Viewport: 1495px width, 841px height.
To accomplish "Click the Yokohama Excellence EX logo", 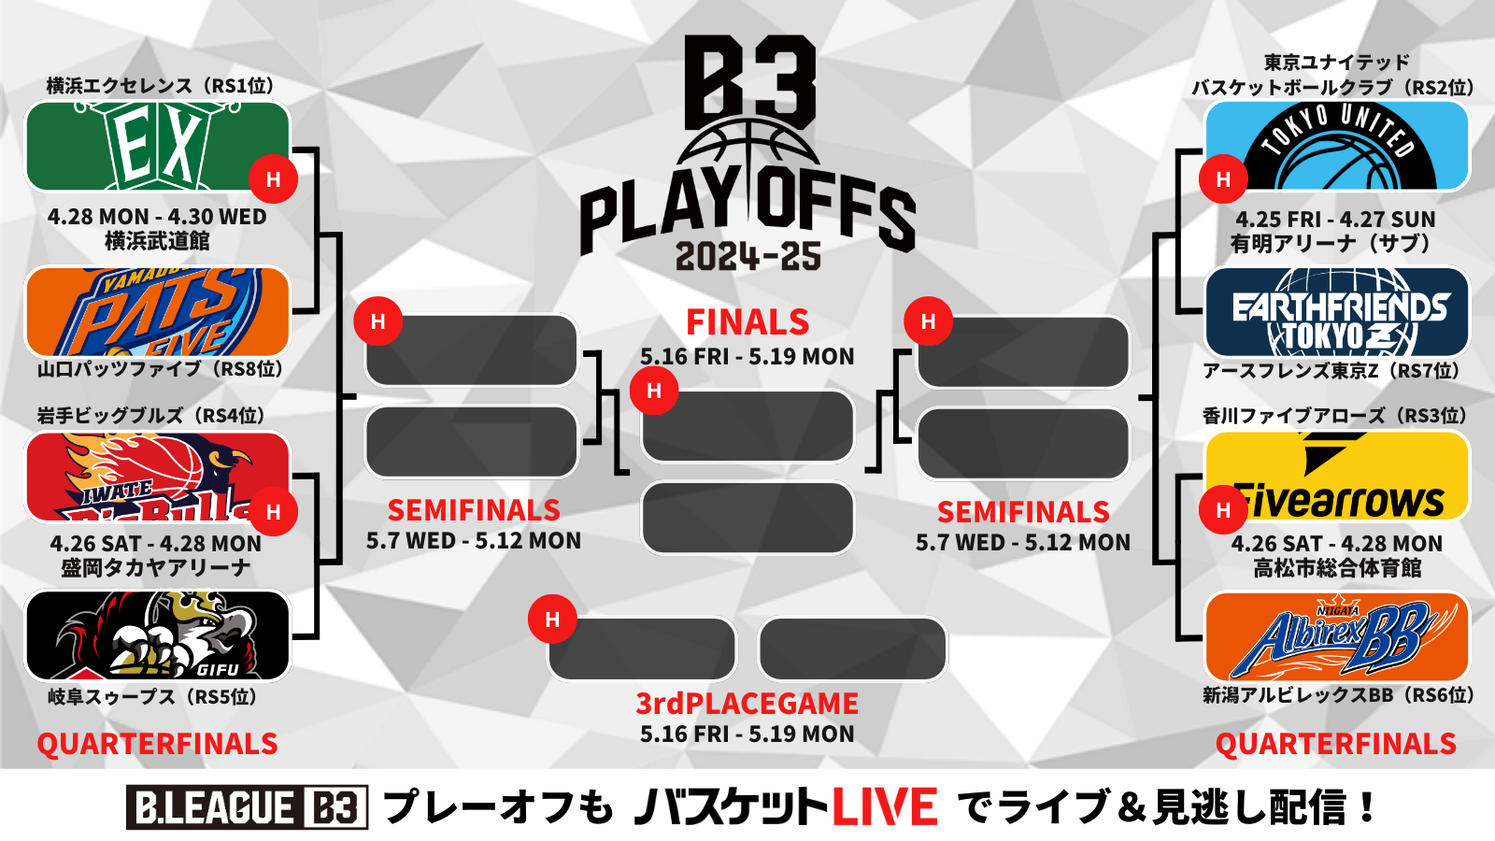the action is pyautogui.click(x=158, y=146).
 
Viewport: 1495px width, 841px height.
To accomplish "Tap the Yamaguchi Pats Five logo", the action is pyautogui.click(x=158, y=312).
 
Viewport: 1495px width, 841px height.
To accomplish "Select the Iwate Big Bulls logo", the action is pyautogui.click(x=158, y=477).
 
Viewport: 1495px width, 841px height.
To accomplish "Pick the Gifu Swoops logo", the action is pyautogui.click(x=158, y=635).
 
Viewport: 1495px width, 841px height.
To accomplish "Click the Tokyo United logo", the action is pyautogui.click(x=1337, y=146).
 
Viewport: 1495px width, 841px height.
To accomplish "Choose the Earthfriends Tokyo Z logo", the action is pyautogui.click(x=1337, y=312).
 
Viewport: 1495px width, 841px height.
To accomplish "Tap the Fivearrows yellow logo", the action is pyautogui.click(x=1337, y=477).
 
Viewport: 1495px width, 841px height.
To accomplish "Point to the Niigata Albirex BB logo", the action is pyautogui.click(x=1337, y=636).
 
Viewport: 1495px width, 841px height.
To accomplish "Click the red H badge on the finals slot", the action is pyautogui.click(x=654, y=391).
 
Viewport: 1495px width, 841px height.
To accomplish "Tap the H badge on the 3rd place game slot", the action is pyautogui.click(x=552, y=620).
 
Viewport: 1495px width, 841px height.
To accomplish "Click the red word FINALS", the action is pyautogui.click(x=747, y=322).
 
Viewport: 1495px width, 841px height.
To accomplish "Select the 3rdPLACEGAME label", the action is pyautogui.click(x=747, y=704).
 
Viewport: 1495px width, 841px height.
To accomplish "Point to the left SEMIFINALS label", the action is pyautogui.click(x=474, y=510).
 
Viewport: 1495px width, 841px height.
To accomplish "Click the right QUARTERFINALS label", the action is pyautogui.click(x=1336, y=744).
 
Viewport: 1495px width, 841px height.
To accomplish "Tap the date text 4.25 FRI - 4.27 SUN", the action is pyautogui.click(x=1335, y=220).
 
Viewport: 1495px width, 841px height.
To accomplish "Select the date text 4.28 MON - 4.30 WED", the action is pyautogui.click(x=157, y=217).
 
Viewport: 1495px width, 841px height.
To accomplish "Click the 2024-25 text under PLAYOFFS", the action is pyautogui.click(x=747, y=257).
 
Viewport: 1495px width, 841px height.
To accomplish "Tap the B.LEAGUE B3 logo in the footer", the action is pyautogui.click(x=247, y=807).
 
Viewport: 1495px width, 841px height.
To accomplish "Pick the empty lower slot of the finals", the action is pyautogui.click(x=747, y=518).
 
